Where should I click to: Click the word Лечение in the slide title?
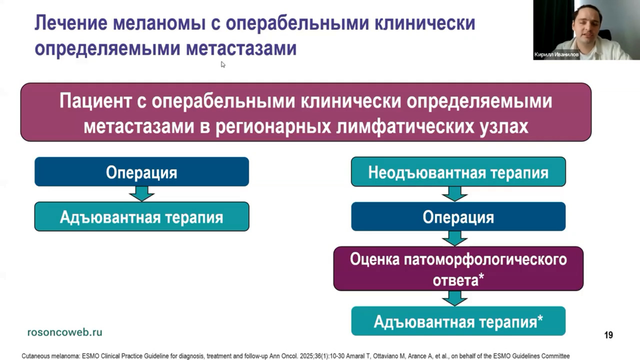coord(70,23)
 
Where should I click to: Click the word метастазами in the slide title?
coord(241,48)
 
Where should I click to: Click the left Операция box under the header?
coord(141,172)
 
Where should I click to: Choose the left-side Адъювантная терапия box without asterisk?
coord(141,217)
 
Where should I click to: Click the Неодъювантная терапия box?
coord(458,172)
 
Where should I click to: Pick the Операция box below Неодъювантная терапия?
coord(458,217)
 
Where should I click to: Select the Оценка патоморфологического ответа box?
coord(458,268)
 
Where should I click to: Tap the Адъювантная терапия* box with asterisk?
coord(458,321)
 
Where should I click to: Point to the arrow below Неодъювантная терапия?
coord(455,194)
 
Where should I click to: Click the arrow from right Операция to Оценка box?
coord(455,238)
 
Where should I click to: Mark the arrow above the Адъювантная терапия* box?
coord(455,298)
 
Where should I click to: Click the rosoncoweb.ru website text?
coord(64,332)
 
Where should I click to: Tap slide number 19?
coord(608,335)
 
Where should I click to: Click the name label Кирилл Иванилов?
coord(556,54)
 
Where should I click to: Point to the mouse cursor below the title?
coord(222,64)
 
